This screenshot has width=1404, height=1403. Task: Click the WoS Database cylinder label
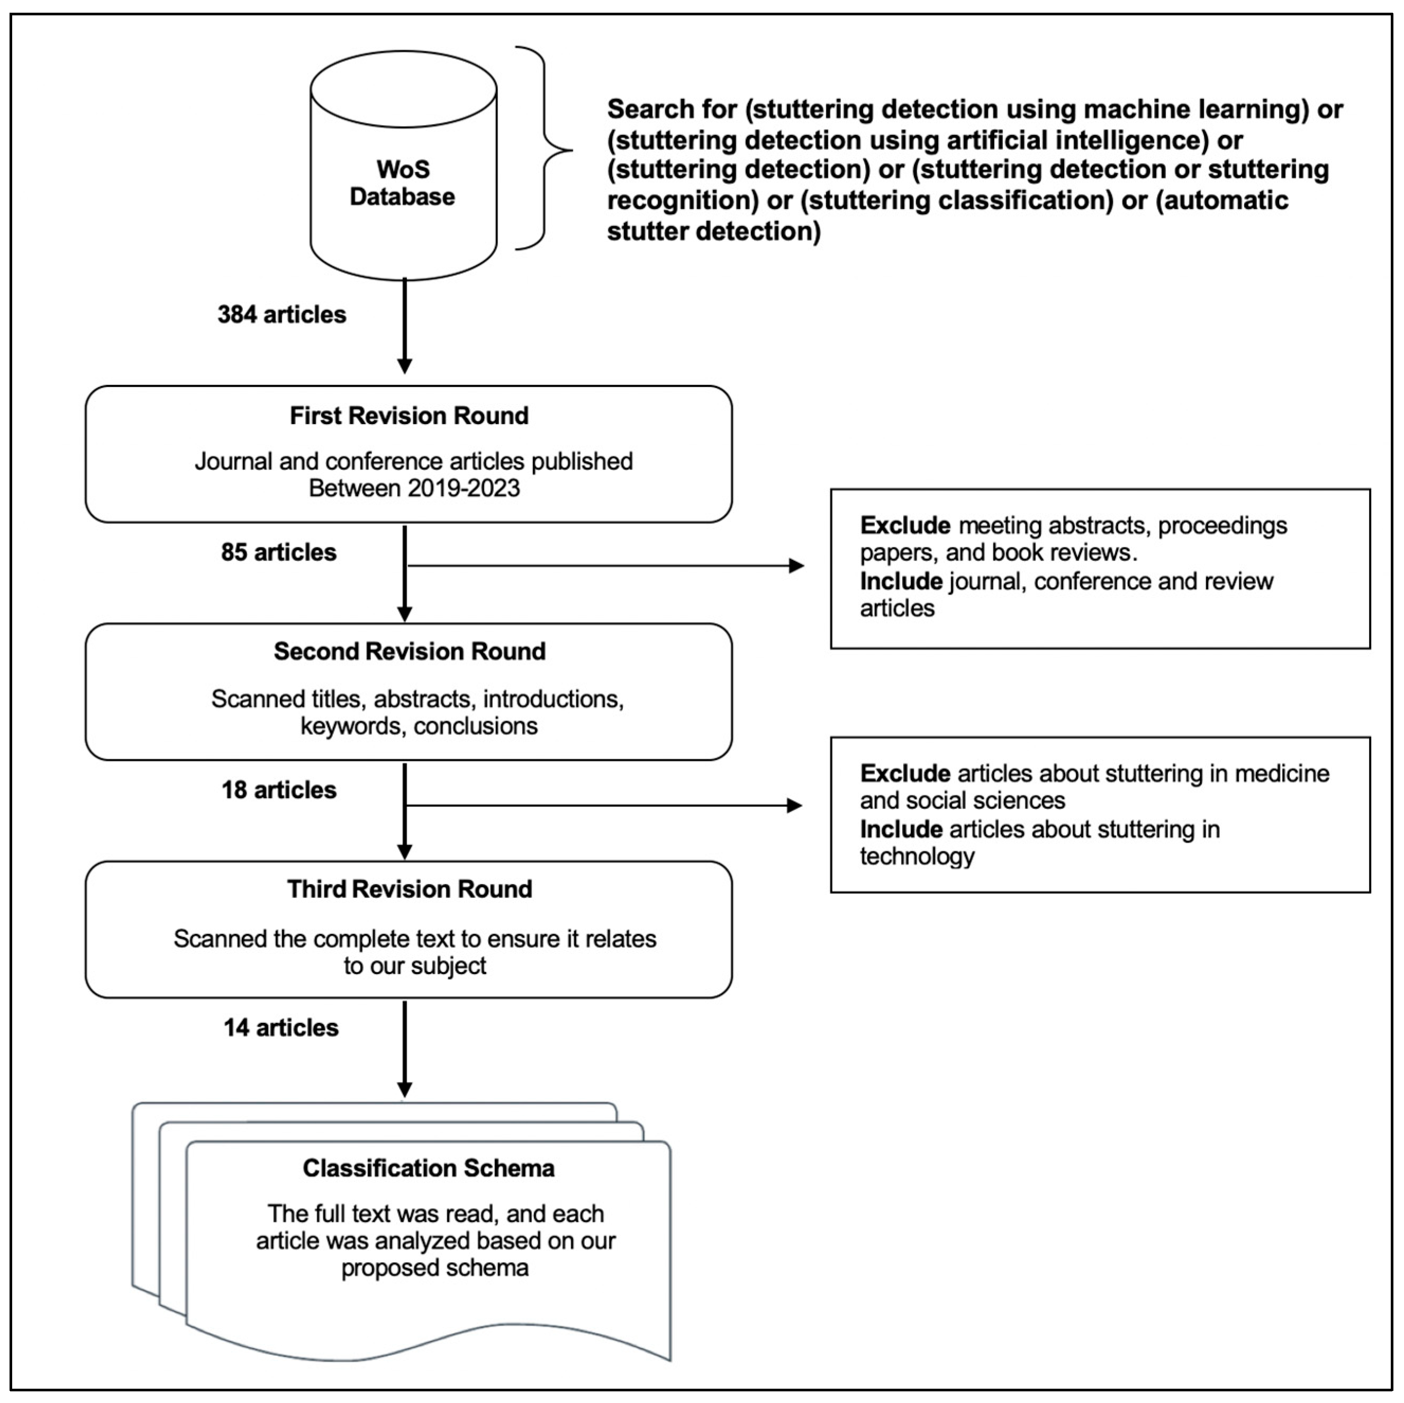coord(403,183)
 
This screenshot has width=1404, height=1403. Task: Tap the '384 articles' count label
coord(282,315)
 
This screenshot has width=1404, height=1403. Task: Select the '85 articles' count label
coord(279,553)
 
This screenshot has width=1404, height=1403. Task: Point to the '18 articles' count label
coord(279,790)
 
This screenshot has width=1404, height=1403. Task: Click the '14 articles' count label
coord(281,1028)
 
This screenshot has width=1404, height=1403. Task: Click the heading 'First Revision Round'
coord(409,416)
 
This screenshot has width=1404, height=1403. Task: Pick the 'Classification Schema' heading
coord(429,1168)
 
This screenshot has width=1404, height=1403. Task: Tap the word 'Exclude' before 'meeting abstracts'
coord(905,526)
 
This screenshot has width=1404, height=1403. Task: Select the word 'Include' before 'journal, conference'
coord(901,581)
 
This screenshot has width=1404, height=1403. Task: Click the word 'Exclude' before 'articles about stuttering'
coord(905,774)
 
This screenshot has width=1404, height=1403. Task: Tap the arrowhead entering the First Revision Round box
coord(405,366)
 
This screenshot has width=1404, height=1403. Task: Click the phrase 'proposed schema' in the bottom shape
coord(434,1268)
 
